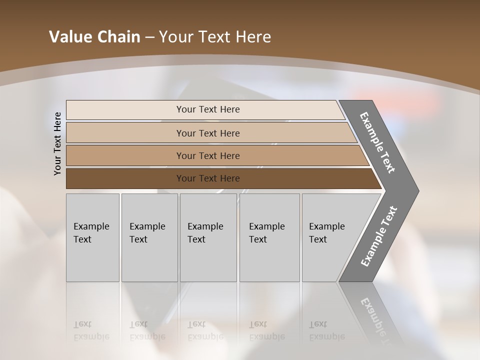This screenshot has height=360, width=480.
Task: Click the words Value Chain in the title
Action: pos(94,37)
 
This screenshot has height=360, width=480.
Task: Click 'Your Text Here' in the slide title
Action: pos(215,37)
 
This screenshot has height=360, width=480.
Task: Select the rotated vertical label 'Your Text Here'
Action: pos(57,143)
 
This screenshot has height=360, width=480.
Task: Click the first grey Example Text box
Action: pos(92,237)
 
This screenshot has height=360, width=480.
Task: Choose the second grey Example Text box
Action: pos(149,237)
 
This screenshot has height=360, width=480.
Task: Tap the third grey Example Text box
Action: pos(208,237)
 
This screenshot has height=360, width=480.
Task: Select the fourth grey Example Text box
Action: pos(269,237)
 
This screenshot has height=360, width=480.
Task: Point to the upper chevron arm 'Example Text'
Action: pos(377,142)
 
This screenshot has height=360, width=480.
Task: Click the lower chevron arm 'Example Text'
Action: pos(378,236)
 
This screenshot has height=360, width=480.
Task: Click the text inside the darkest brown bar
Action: pos(208,178)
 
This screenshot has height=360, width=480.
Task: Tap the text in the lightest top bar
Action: pos(208,109)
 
